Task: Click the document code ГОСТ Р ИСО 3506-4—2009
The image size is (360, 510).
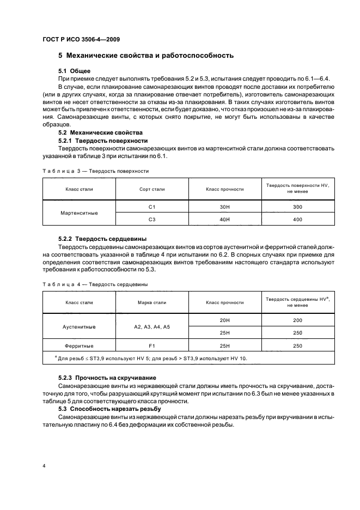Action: pos(81,39)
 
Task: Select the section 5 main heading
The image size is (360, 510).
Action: pos(146,56)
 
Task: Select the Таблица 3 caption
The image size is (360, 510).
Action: pos(96,171)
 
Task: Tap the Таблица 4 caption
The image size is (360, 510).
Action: pos(95,284)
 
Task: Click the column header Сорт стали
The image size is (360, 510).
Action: pos(152,189)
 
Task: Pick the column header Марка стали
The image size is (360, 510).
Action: pos(152,302)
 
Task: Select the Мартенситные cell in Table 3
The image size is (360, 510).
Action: pos(80,212)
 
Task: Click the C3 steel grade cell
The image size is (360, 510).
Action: pos(152,219)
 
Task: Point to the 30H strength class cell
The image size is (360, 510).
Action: pos(225,207)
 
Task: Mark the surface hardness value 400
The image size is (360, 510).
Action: pos(297,219)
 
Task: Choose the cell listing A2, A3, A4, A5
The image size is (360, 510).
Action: pos(152,326)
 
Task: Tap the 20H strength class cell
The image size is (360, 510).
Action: pos(225,320)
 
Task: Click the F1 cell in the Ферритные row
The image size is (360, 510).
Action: pos(152,345)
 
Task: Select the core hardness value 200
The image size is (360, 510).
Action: pos(297,320)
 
